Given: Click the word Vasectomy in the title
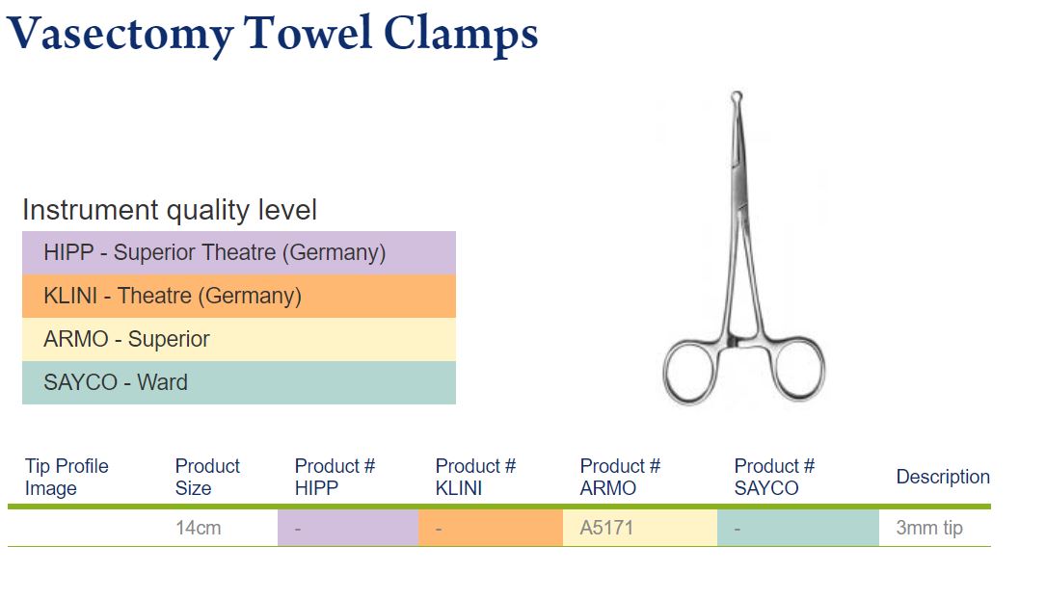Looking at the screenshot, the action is coord(121,35).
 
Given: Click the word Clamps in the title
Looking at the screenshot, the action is coord(461,35).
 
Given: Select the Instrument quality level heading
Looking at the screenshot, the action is coord(170,210).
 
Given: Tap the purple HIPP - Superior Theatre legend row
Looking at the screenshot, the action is coord(239,252).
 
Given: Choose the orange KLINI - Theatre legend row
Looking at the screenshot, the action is coord(239,296).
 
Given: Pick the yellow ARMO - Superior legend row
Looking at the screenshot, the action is coord(239,339).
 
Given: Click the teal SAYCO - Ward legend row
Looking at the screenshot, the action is coord(239,382).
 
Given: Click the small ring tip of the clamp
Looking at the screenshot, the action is coord(737,92).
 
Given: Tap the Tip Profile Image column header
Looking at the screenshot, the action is coord(67,477).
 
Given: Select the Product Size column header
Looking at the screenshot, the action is coord(207,477).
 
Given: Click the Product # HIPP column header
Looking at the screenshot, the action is coord(335,477).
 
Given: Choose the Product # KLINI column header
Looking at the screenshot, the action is coord(475,477).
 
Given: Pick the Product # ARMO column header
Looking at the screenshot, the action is coord(620,477).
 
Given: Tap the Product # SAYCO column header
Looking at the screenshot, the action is coord(774,477).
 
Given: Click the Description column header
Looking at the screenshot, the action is coord(943,477).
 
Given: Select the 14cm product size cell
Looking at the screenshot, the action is coord(199,528).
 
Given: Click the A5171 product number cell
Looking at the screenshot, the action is coord(606,528).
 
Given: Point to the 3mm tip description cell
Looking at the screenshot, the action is coord(929,528).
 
